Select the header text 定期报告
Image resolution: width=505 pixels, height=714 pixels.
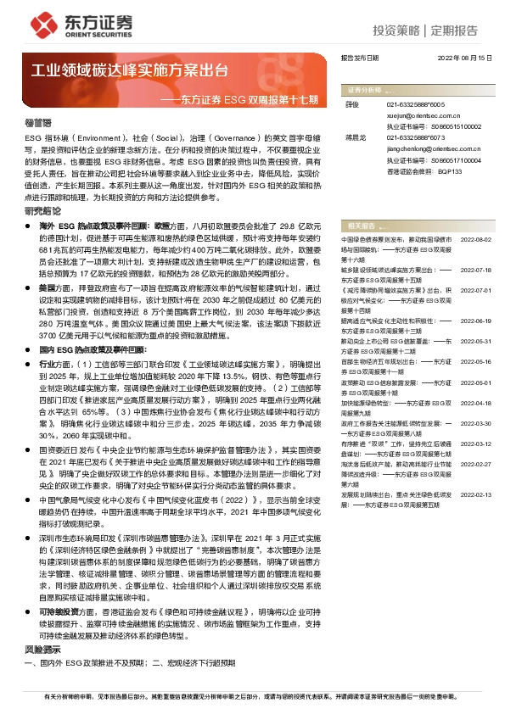pos(454,31)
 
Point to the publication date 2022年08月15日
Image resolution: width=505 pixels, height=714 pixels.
pos(466,59)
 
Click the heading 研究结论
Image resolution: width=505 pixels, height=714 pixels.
pos(43,210)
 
